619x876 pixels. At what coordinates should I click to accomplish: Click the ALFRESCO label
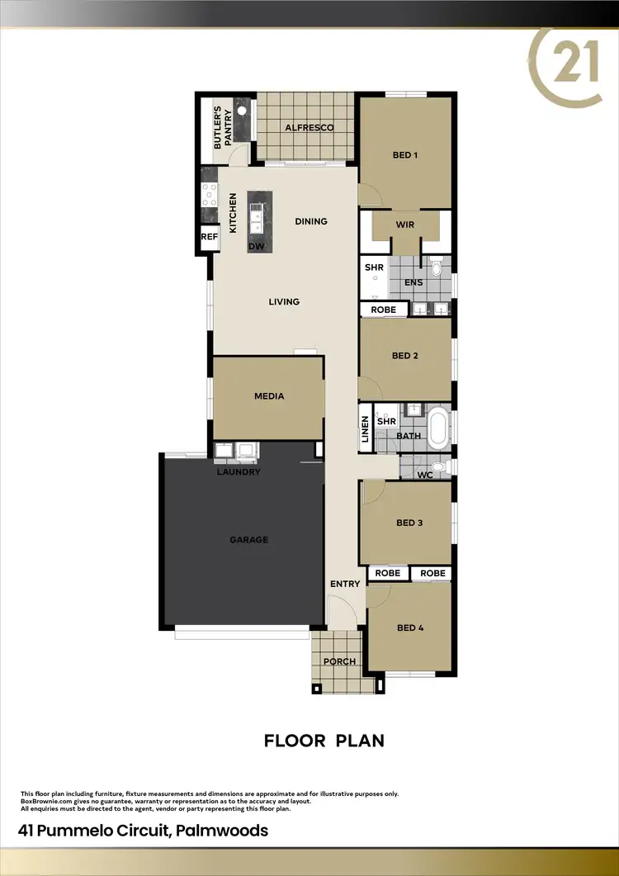pyautogui.click(x=309, y=127)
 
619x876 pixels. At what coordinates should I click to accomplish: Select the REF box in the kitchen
pyautogui.click(x=208, y=238)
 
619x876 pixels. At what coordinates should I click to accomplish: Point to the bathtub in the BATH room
pyautogui.click(x=437, y=428)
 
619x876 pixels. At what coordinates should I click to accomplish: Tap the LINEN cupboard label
pyautogui.click(x=365, y=429)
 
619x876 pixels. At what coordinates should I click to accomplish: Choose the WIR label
pyautogui.click(x=404, y=224)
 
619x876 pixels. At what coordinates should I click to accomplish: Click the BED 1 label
pyautogui.click(x=404, y=154)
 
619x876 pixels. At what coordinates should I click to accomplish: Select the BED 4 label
pyautogui.click(x=409, y=627)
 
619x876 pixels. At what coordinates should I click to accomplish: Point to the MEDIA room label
pyautogui.click(x=268, y=396)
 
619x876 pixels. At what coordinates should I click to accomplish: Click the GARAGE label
pyautogui.click(x=248, y=540)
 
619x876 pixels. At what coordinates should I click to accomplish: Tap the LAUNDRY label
pyautogui.click(x=239, y=472)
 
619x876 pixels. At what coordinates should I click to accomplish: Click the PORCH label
pyautogui.click(x=339, y=661)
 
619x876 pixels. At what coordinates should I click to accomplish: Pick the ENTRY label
pyautogui.click(x=345, y=585)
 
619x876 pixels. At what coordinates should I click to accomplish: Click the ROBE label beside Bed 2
pyautogui.click(x=384, y=310)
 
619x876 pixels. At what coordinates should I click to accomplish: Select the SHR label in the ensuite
pyautogui.click(x=374, y=268)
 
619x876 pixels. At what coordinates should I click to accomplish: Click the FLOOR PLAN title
pyautogui.click(x=324, y=741)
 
